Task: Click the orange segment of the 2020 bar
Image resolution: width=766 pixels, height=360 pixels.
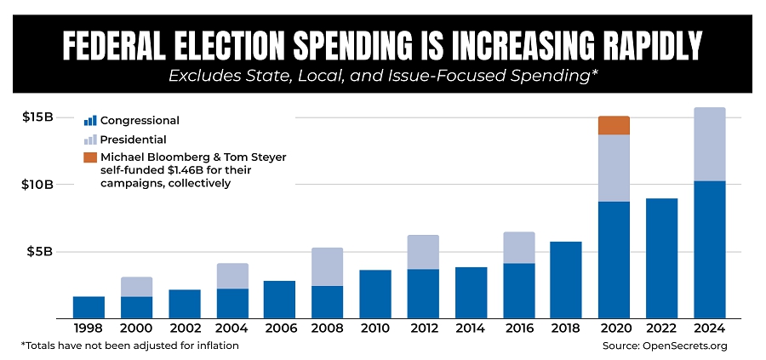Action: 613,125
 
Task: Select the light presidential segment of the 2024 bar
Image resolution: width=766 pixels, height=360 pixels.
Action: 709,144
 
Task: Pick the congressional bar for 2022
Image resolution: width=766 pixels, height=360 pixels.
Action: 661,258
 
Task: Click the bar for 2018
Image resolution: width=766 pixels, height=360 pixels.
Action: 565,279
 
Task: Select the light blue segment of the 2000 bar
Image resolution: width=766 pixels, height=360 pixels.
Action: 136,287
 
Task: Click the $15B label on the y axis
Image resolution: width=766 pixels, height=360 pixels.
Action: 39,117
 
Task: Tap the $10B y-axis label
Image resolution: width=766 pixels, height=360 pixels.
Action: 39,185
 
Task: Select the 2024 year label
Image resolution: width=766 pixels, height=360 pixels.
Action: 709,328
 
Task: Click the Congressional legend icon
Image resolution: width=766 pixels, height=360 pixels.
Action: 90,121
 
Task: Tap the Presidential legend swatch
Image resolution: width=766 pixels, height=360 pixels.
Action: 90,140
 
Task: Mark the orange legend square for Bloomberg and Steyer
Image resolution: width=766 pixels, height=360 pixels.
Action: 90,157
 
